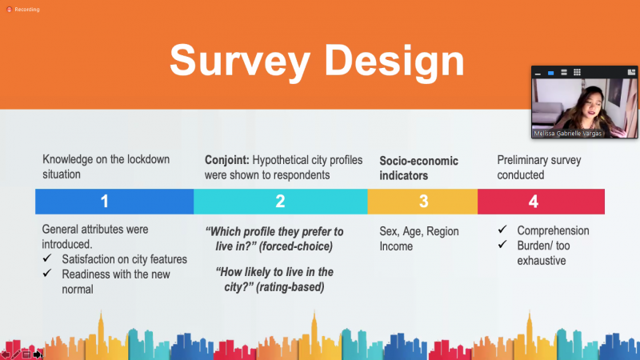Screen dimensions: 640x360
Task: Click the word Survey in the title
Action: coord(240,62)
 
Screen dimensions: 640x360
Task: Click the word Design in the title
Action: coord(394,61)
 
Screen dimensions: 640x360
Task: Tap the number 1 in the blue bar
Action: coord(105,202)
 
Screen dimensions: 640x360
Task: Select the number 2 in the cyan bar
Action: coord(280,202)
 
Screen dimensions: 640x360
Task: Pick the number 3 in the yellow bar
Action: coord(424,202)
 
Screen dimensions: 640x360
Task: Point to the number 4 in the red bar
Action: coord(534,202)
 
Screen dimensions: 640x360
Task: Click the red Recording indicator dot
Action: coord(9,10)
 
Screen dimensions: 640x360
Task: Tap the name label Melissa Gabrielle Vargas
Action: coord(568,134)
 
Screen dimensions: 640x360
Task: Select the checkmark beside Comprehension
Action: coord(502,230)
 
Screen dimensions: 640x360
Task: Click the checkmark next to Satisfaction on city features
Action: coord(47,258)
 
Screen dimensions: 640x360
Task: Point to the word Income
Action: coord(396,246)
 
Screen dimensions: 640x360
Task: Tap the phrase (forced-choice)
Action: coord(295,246)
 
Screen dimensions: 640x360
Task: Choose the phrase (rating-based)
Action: coord(290,287)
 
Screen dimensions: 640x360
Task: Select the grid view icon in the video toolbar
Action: coord(577,72)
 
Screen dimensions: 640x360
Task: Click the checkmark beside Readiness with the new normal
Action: coord(47,273)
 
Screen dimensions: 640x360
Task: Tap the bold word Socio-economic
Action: coord(418,161)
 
